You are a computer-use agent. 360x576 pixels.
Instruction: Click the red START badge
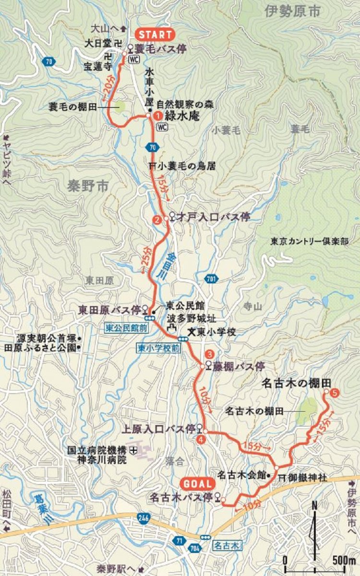point(155,35)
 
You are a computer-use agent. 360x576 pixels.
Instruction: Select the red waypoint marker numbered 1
point(156,116)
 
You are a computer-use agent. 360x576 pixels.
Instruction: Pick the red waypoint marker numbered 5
point(335,393)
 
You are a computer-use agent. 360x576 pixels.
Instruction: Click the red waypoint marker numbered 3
point(209,354)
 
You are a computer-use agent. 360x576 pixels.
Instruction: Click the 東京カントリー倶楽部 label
point(309,241)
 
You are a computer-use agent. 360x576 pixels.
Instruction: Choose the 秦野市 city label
point(89,186)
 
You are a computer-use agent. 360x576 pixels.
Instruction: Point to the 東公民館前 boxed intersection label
point(127,327)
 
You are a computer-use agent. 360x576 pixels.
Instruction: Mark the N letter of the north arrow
point(314,505)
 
